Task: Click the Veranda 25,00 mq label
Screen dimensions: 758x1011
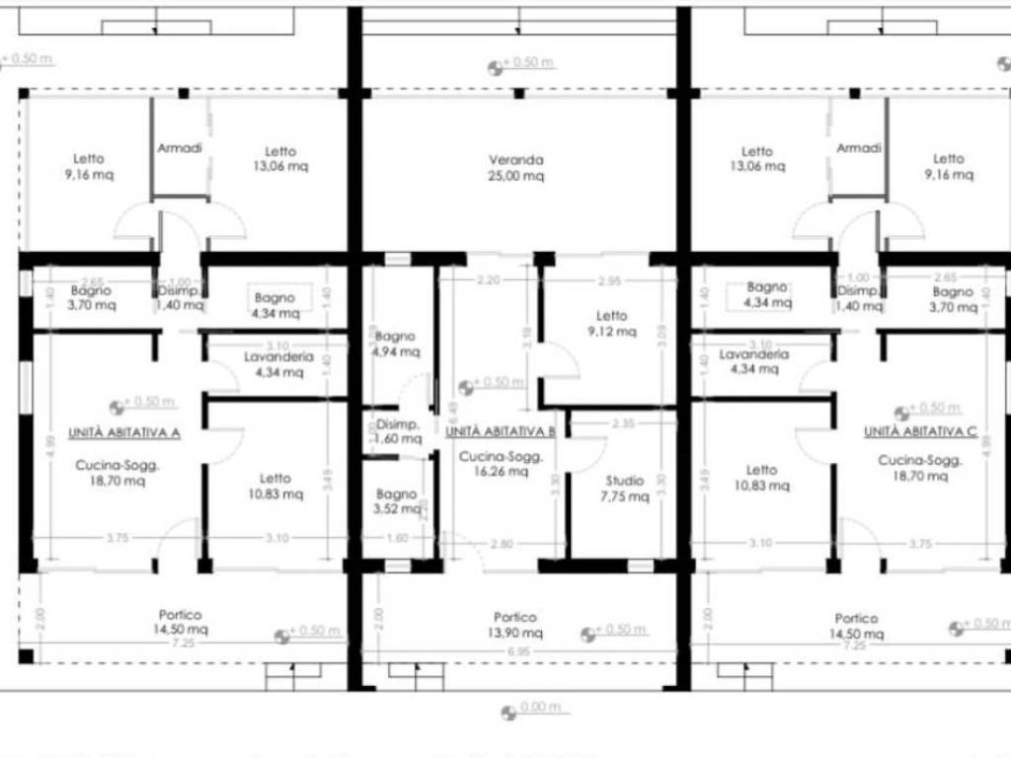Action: (516, 168)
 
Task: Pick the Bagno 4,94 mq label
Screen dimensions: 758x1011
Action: (395, 343)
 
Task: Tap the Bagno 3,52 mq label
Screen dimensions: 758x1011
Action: (396, 501)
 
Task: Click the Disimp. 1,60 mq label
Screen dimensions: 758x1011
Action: (397, 431)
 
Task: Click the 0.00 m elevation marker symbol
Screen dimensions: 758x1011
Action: (508, 712)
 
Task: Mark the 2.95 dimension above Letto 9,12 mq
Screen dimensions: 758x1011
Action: (609, 281)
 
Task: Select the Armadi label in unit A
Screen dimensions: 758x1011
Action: (180, 148)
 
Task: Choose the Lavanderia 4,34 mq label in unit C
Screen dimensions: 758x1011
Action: (753, 361)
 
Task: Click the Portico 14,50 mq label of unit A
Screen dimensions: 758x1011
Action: (185, 622)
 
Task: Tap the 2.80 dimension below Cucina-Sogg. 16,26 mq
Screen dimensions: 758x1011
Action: (503, 544)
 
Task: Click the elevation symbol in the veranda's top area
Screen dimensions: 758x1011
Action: (496, 68)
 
